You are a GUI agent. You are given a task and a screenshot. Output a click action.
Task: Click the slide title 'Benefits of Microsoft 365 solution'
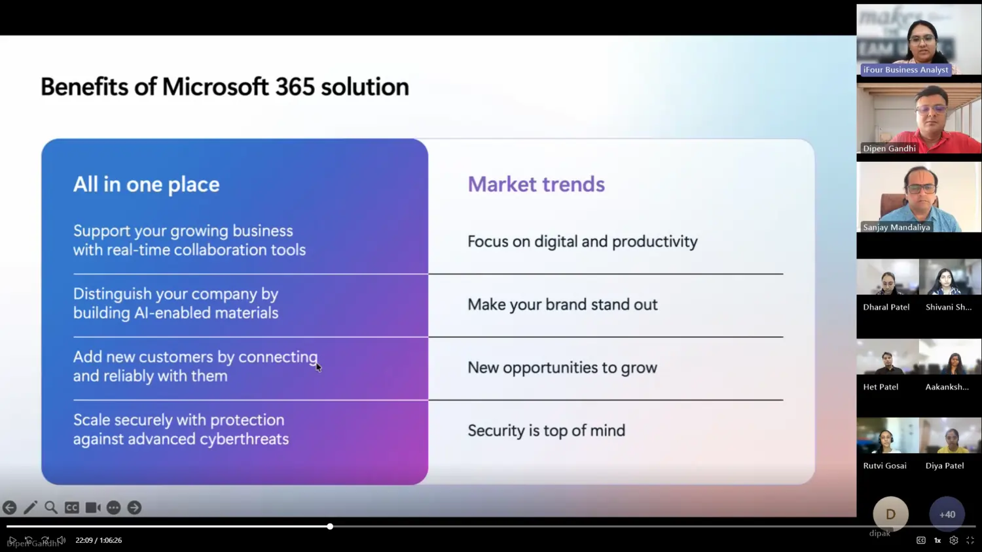pos(225,87)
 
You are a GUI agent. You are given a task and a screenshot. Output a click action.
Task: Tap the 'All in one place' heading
pos(147,184)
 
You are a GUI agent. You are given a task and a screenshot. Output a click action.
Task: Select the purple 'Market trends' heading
pos(536,184)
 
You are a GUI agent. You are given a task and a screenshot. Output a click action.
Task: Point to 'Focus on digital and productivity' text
pos(583,242)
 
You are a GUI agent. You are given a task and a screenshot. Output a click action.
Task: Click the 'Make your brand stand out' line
pos(562,304)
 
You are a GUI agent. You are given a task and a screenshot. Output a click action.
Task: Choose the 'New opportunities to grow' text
pos(562,368)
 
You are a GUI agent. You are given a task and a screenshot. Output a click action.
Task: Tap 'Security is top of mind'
pos(547,431)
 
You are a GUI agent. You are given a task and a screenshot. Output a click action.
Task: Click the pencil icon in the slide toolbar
pos(30,507)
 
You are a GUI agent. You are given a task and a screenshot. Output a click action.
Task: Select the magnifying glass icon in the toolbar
pos(51,507)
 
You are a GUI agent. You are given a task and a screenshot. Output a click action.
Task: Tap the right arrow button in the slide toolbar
pos(135,507)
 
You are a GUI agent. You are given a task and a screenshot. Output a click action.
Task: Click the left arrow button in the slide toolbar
pos(10,507)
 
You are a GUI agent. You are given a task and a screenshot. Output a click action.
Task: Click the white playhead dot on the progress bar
pos(330,526)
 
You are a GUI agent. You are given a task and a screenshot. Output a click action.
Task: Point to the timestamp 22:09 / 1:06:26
pos(99,540)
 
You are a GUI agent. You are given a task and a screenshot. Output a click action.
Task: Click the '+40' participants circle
pos(947,514)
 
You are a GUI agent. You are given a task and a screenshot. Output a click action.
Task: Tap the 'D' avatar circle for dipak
pos(890,514)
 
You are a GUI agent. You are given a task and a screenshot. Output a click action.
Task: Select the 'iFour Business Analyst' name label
pos(905,69)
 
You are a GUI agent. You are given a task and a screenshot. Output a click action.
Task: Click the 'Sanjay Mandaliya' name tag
pos(896,227)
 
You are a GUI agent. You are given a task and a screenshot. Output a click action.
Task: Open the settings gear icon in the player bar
pos(953,541)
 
